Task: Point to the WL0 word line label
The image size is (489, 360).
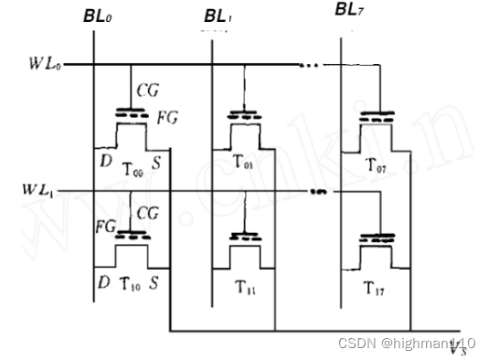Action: click(46, 64)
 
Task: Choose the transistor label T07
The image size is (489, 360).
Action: click(374, 164)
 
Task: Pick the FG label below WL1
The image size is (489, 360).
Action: click(105, 224)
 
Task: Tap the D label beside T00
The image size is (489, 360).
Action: click(104, 162)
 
